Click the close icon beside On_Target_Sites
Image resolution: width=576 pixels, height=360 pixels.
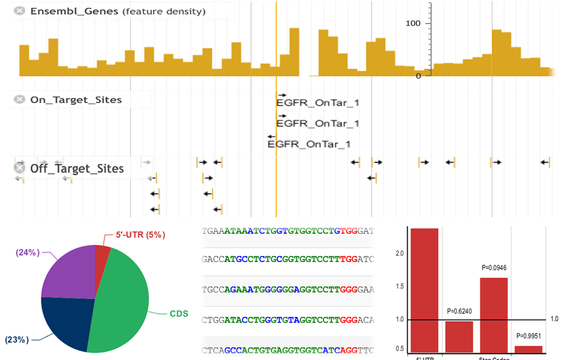coord(20,100)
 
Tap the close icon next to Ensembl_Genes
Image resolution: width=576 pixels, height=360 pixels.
coord(20,11)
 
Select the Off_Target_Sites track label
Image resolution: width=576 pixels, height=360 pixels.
coord(77,169)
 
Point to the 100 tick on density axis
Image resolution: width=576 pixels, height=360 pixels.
coord(415,23)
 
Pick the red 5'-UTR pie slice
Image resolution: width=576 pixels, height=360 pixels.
coord(101,254)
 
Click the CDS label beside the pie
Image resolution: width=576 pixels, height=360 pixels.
coord(179,314)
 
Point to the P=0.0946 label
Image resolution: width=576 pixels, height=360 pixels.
coord(494,268)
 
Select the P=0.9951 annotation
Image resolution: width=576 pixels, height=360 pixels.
coord(529,336)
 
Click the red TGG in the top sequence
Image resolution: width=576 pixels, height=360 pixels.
coord(349,231)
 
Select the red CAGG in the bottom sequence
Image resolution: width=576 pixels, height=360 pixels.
coord(347,350)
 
